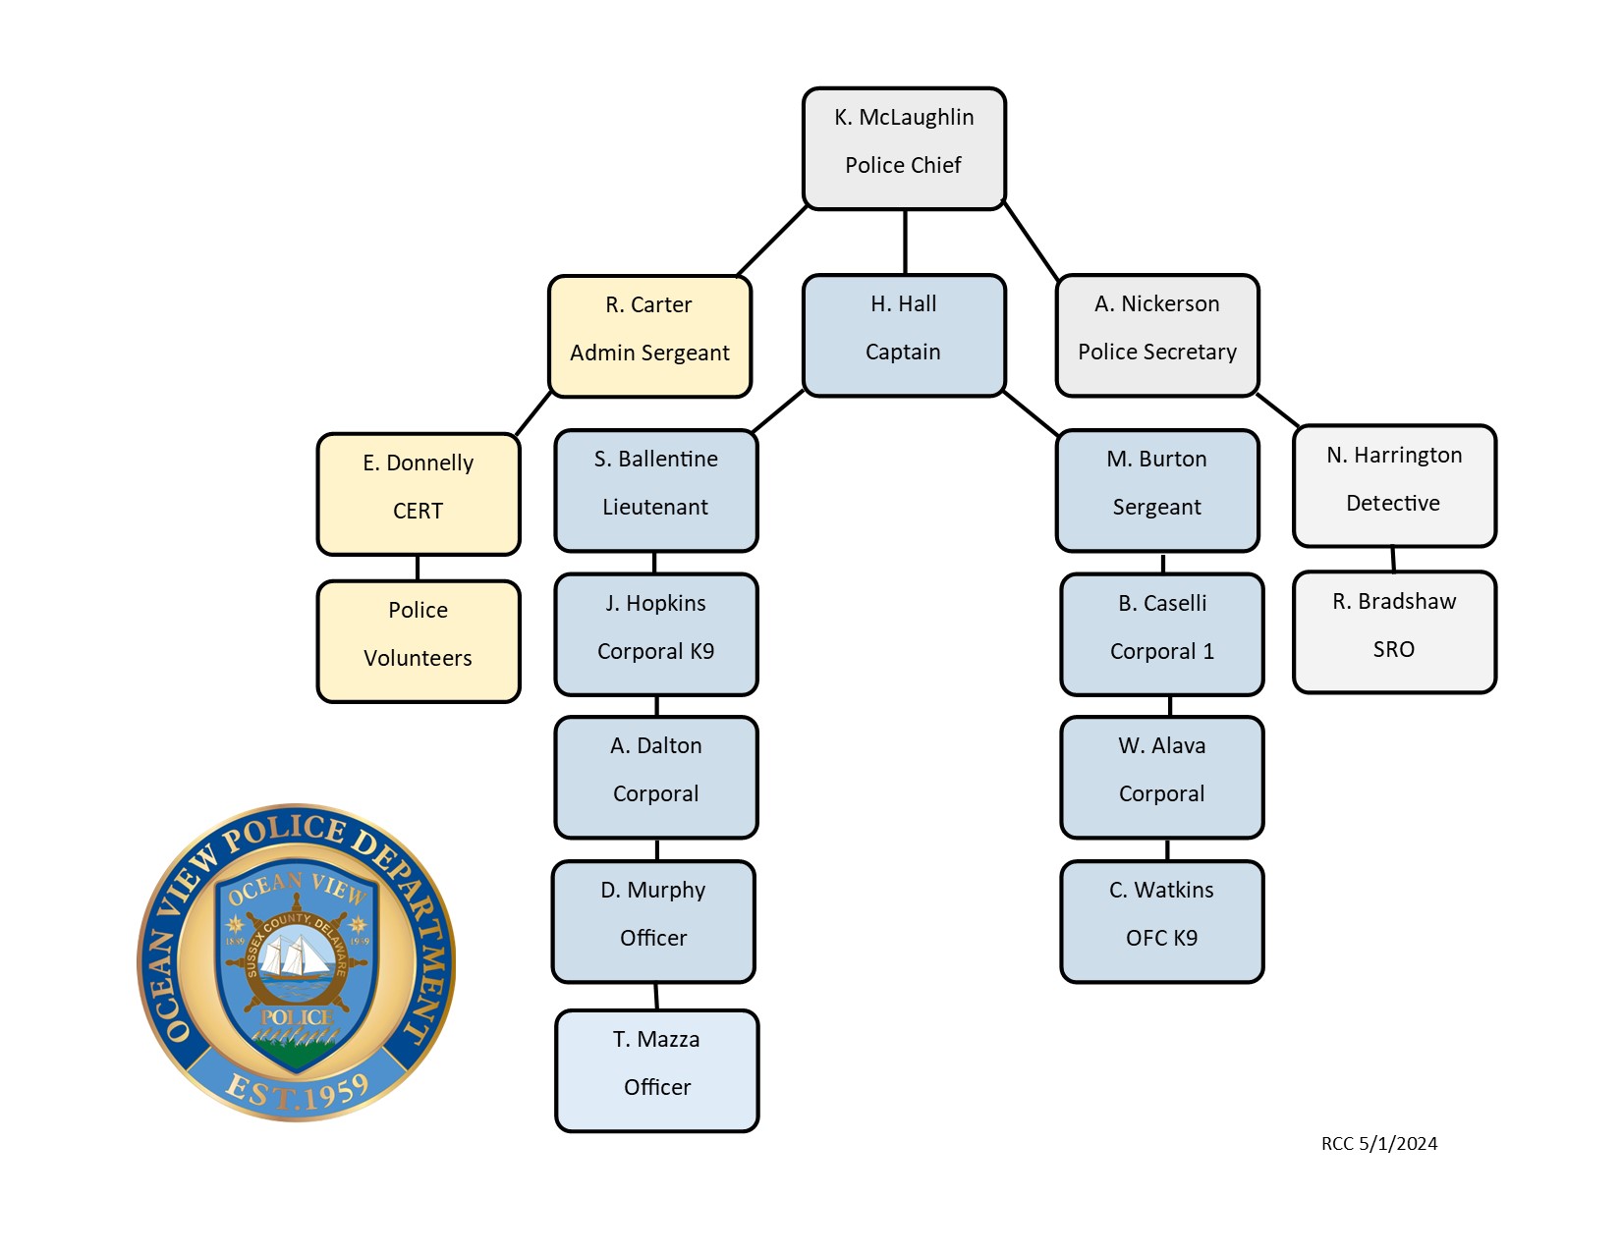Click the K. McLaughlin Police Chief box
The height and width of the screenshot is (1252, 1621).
tap(904, 148)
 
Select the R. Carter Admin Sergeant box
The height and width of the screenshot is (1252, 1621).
tap(649, 336)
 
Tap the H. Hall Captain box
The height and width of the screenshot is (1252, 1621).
tap(904, 335)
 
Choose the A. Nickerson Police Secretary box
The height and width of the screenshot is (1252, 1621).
tap(1157, 335)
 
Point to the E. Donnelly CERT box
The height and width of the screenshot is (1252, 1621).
tap(419, 494)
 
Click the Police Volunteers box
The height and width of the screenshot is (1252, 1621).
tap(419, 641)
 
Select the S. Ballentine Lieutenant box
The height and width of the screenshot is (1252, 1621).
tap(656, 490)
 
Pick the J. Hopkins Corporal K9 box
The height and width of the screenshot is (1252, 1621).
tap(656, 634)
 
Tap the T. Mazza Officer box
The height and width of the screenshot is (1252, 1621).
tap(657, 1070)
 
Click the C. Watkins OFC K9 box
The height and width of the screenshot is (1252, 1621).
tap(1161, 921)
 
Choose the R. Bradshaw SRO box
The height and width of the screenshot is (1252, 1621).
tap(1394, 632)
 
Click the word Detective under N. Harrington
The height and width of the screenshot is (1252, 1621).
tap(1393, 504)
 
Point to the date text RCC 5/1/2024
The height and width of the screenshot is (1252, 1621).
tap(1379, 1144)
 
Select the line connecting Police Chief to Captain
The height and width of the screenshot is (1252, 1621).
tap(905, 242)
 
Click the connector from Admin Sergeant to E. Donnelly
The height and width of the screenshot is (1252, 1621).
tap(533, 414)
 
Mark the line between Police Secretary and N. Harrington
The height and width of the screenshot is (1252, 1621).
tap(1278, 410)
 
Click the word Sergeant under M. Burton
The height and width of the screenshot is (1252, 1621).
tap(1156, 508)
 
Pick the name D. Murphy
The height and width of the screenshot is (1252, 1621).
tap(652, 891)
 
